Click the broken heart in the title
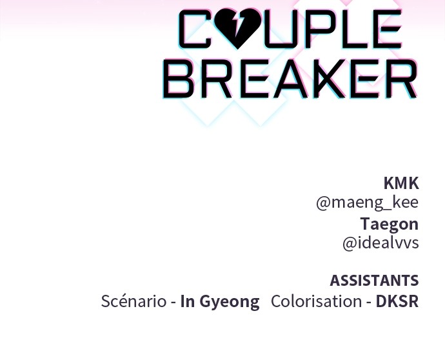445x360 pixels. click(237, 28)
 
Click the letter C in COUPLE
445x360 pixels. click(195, 28)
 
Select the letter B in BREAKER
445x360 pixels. click(178, 78)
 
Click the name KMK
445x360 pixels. click(401, 183)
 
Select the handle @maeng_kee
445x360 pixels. click(367, 203)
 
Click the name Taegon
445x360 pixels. click(390, 224)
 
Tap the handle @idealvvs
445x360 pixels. click(381, 243)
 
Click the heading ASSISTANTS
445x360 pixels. click(374, 281)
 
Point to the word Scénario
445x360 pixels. click(133, 301)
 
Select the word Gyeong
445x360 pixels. click(230, 302)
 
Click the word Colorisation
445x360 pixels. click(317, 301)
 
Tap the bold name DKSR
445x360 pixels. click(397, 301)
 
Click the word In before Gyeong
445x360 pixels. click(188, 301)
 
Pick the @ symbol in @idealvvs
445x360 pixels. click(350, 244)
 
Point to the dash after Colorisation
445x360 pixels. click(369, 303)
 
